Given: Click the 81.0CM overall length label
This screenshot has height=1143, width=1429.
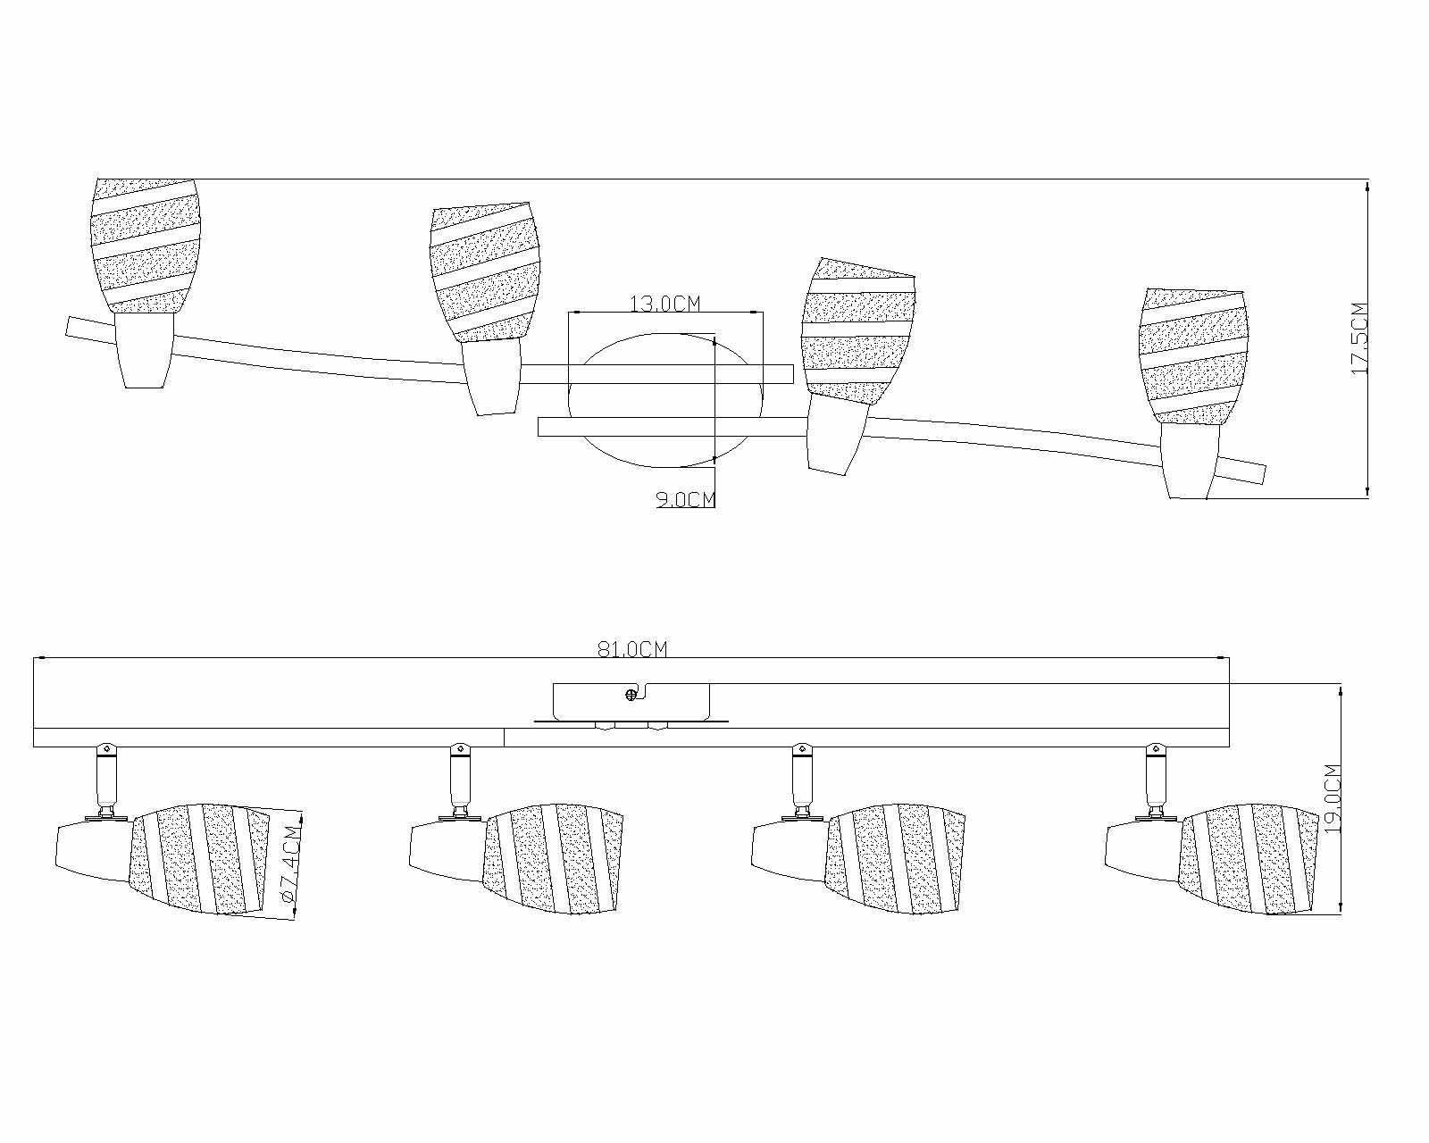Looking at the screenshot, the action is [x=632, y=648].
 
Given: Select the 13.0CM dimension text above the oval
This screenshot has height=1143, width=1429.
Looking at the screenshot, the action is [x=664, y=304].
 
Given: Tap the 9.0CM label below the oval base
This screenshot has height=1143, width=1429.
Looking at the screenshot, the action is [x=686, y=499].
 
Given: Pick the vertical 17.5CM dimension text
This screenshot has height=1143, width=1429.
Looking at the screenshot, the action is [x=1360, y=338].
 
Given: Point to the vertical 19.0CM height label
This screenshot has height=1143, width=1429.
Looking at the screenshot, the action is [x=1333, y=799].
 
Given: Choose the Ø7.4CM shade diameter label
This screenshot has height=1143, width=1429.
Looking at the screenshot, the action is [x=292, y=863].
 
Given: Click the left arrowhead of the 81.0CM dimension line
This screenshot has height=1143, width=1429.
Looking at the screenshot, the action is [x=39, y=658].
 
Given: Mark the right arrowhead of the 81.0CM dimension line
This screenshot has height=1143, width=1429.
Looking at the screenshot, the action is [x=1224, y=658].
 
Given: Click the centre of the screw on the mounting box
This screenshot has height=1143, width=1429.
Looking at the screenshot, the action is [x=631, y=696].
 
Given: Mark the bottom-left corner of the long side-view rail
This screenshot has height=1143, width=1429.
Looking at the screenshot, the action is [x=34, y=747].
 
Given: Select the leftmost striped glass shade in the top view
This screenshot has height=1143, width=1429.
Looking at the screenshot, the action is [x=146, y=245].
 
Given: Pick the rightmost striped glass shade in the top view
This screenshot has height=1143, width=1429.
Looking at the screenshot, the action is [x=1193, y=356].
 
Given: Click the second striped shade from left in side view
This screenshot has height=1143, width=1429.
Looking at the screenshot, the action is [x=553, y=859].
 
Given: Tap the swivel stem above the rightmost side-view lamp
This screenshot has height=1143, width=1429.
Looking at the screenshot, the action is [x=1156, y=782].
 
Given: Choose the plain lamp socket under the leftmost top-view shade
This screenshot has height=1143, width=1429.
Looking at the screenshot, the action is [x=145, y=350].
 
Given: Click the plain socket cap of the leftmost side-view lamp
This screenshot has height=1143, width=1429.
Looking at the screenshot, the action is [x=95, y=853].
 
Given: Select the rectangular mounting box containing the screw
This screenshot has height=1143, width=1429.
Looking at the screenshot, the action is [x=631, y=702].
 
